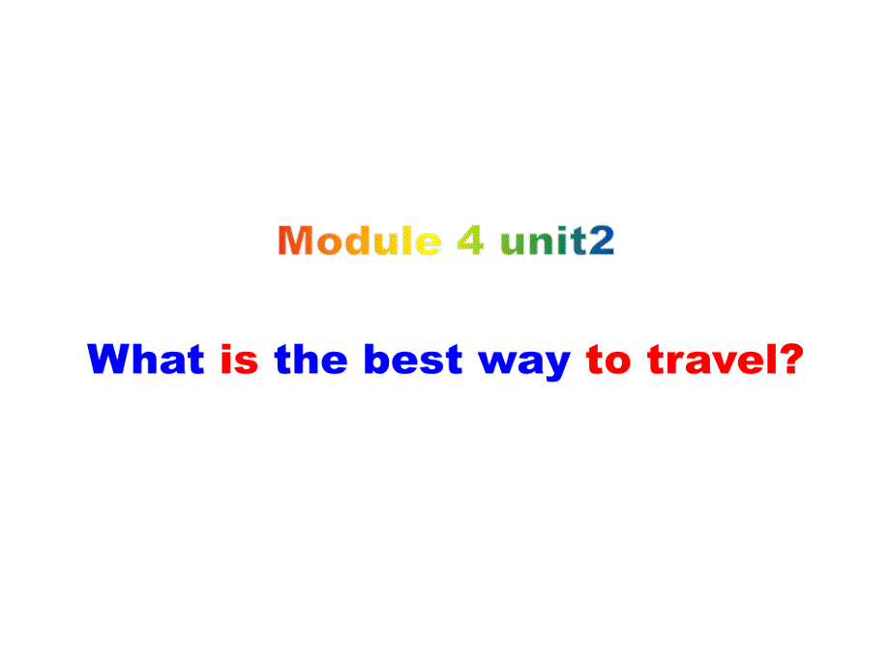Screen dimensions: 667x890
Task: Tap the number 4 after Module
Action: tap(471, 241)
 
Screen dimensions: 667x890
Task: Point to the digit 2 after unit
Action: tap(603, 241)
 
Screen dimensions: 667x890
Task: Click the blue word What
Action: tap(146, 361)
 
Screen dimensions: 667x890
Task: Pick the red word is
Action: tap(240, 361)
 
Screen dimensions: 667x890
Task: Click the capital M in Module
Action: tap(298, 241)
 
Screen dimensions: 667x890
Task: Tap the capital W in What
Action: tap(108, 361)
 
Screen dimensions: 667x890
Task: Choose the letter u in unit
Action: tap(513, 244)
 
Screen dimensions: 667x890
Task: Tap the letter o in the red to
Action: tap(619, 363)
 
